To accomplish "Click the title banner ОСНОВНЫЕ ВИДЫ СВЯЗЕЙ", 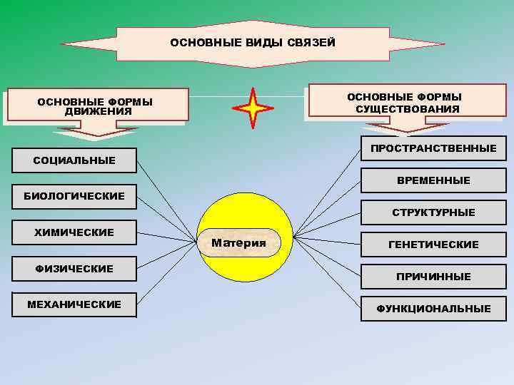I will pyautogui.click(x=253, y=43).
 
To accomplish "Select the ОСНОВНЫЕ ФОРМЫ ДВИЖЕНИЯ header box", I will pyautogui.click(x=95, y=105).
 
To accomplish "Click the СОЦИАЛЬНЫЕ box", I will pyautogui.click(x=74, y=160).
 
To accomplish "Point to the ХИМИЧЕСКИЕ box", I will pyautogui.click(x=74, y=232).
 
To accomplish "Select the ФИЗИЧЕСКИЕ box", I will pyautogui.click(x=74, y=269).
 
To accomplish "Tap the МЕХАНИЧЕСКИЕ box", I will pyautogui.click(x=74, y=305).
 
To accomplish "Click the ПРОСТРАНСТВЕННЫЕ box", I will pyautogui.click(x=433, y=148).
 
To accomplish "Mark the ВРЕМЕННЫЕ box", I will pyautogui.click(x=433, y=180).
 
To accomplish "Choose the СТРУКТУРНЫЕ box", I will pyautogui.click(x=433, y=212).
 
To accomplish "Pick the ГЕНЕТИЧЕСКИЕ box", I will pyautogui.click(x=433, y=245).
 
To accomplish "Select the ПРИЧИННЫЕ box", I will pyautogui.click(x=433, y=277).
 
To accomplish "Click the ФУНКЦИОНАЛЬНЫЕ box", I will pyautogui.click(x=433, y=309).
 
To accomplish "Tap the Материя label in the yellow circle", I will pyautogui.click(x=239, y=243).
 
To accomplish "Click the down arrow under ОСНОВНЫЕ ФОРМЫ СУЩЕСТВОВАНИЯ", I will pyautogui.click(x=408, y=128).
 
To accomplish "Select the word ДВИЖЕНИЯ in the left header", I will pyautogui.click(x=98, y=112).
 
